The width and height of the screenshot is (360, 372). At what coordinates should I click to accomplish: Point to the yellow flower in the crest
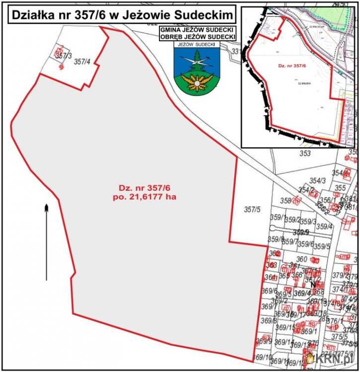tap(197, 82)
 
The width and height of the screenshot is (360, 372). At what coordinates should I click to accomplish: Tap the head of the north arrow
tap(46, 207)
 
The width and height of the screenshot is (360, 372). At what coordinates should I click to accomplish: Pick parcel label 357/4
tap(81, 62)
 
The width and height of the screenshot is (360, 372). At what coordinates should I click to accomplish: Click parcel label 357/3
tap(64, 56)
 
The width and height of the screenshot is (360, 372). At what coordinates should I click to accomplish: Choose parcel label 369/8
tap(268, 321)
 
